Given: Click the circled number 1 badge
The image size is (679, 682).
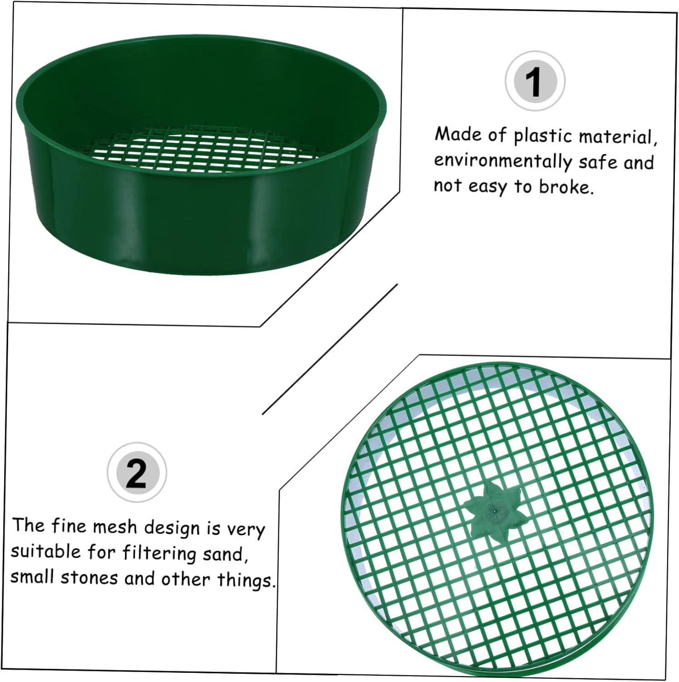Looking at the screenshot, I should [535, 81].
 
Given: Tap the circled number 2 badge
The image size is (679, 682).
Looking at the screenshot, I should [137, 472].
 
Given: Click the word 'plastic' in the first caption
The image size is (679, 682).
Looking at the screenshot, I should [539, 136].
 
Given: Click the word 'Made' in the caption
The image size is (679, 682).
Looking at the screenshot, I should [458, 135].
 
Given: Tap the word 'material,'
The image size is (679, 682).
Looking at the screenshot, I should [618, 137].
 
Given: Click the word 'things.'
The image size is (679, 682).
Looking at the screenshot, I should [246, 580].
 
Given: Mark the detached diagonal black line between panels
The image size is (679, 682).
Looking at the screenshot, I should [330, 349].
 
